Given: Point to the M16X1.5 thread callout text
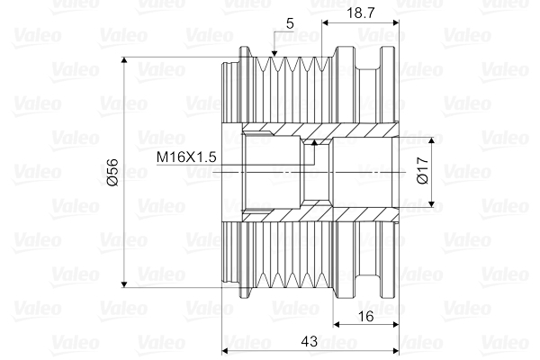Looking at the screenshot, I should (x=186, y=157).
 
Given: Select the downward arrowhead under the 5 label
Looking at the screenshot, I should (x=275, y=58).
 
